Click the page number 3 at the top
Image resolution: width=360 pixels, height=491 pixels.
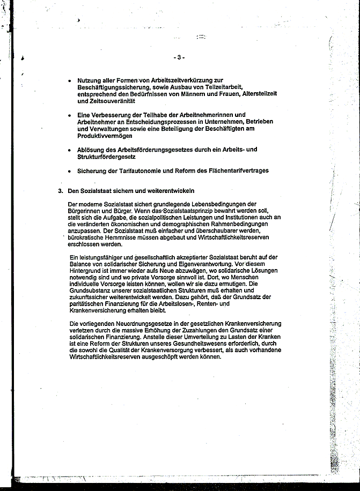tap(179, 57)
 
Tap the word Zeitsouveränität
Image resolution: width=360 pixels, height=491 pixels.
tap(98, 101)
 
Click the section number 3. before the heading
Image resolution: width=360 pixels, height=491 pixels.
tap(61, 191)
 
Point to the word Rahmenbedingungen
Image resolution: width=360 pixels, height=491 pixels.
tap(219, 224)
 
